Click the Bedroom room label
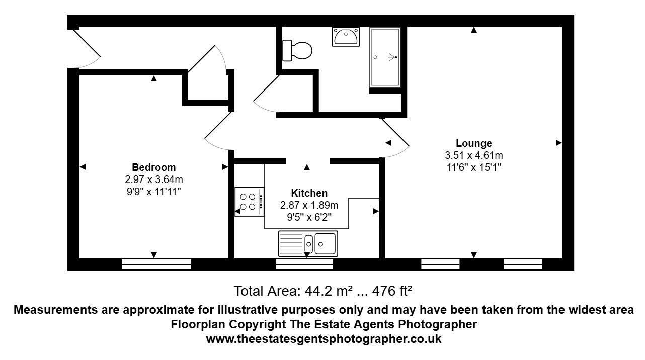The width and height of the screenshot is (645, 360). [x=154, y=167]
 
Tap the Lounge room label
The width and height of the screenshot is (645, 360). [x=473, y=143]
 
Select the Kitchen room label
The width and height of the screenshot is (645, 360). [x=309, y=193]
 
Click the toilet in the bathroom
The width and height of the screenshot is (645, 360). [x=297, y=50]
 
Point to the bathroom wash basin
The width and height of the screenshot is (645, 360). [x=346, y=37]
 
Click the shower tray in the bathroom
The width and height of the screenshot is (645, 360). [x=385, y=57]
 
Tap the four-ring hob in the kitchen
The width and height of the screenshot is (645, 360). [x=250, y=202]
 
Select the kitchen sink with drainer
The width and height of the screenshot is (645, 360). [x=308, y=244]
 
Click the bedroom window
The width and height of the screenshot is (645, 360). [x=156, y=264]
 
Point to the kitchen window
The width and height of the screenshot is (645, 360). [x=305, y=264]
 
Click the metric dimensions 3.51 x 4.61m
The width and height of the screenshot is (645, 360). [x=473, y=155]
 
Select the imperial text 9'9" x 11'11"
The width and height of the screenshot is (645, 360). [x=154, y=191]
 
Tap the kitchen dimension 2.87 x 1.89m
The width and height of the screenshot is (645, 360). [x=309, y=205]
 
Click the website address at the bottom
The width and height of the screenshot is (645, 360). [x=324, y=339]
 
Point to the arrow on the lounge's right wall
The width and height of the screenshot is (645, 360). [x=558, y=143]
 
